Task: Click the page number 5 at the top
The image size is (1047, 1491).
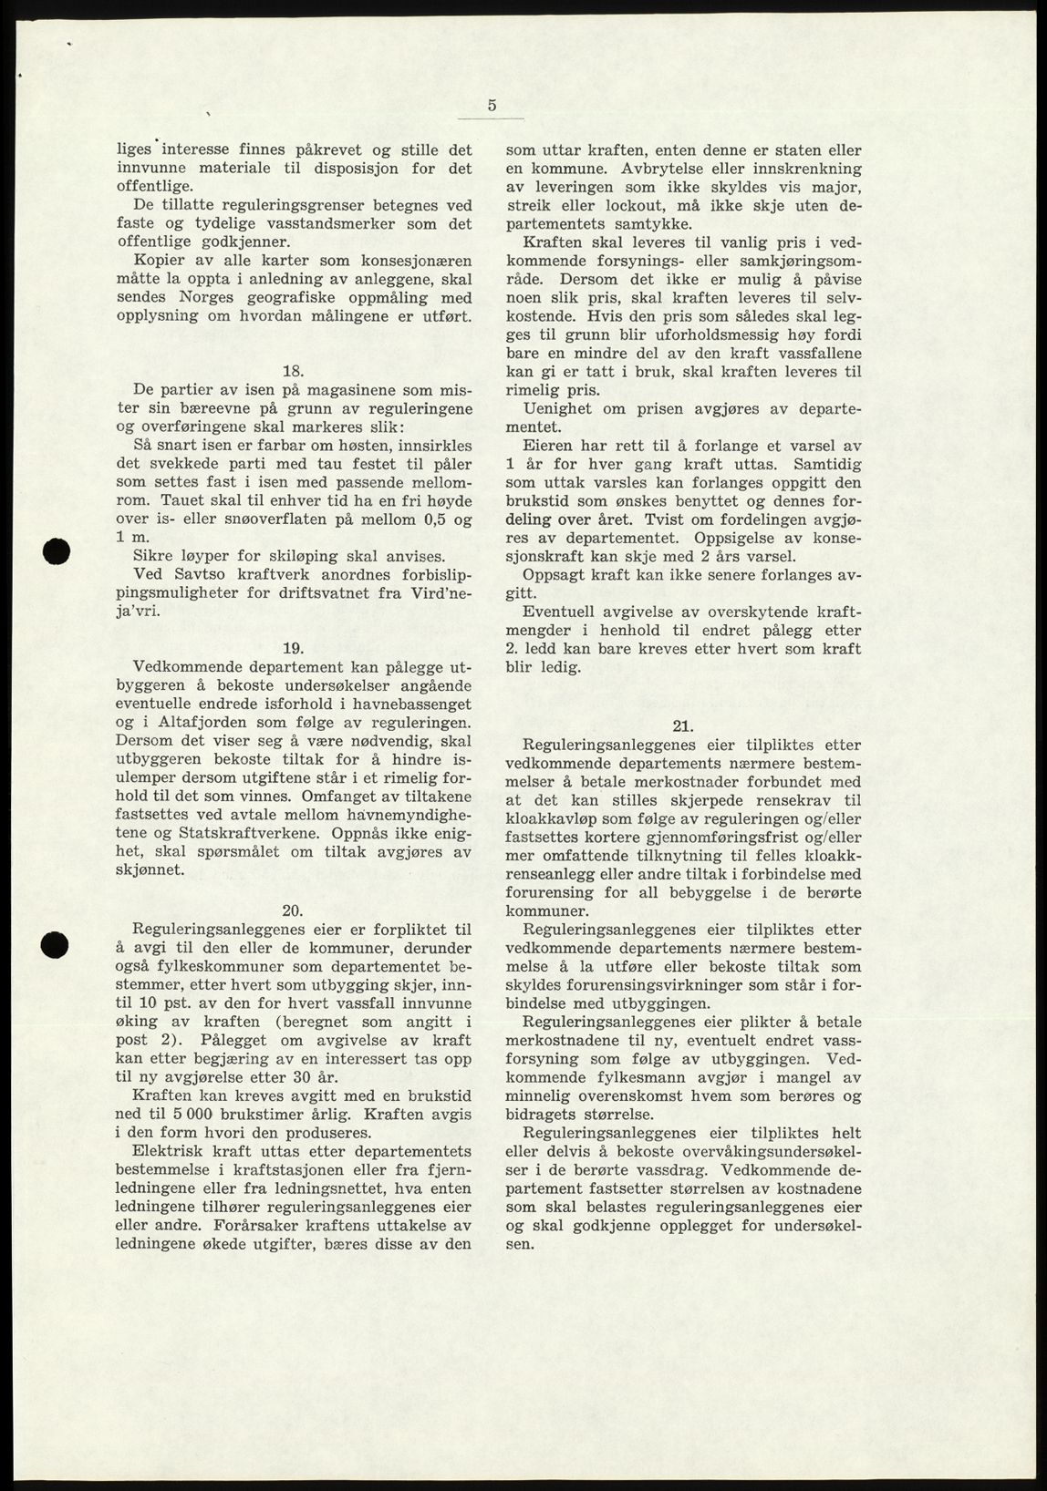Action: tap(492, 105)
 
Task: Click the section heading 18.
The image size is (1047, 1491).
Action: tap(293, 371)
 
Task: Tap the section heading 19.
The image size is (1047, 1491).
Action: tap(293, 648)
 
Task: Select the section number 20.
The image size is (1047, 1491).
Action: tap(293, 910)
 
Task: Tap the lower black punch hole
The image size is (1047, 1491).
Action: tap(58, 944)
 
